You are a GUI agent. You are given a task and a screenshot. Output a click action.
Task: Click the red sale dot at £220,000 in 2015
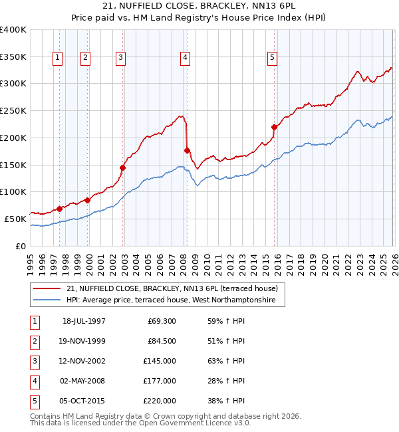(x=274, y=127)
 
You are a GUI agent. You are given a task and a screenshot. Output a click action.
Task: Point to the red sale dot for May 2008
(x=187, y=150)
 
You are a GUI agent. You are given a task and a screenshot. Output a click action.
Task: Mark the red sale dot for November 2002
(x=123, y=167)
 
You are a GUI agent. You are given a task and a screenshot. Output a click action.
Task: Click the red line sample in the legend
(x=47, y=288)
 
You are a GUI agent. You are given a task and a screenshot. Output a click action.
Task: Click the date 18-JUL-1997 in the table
(x=84, y=321)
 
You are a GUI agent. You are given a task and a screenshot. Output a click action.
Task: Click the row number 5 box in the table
(x=34, y=401)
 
